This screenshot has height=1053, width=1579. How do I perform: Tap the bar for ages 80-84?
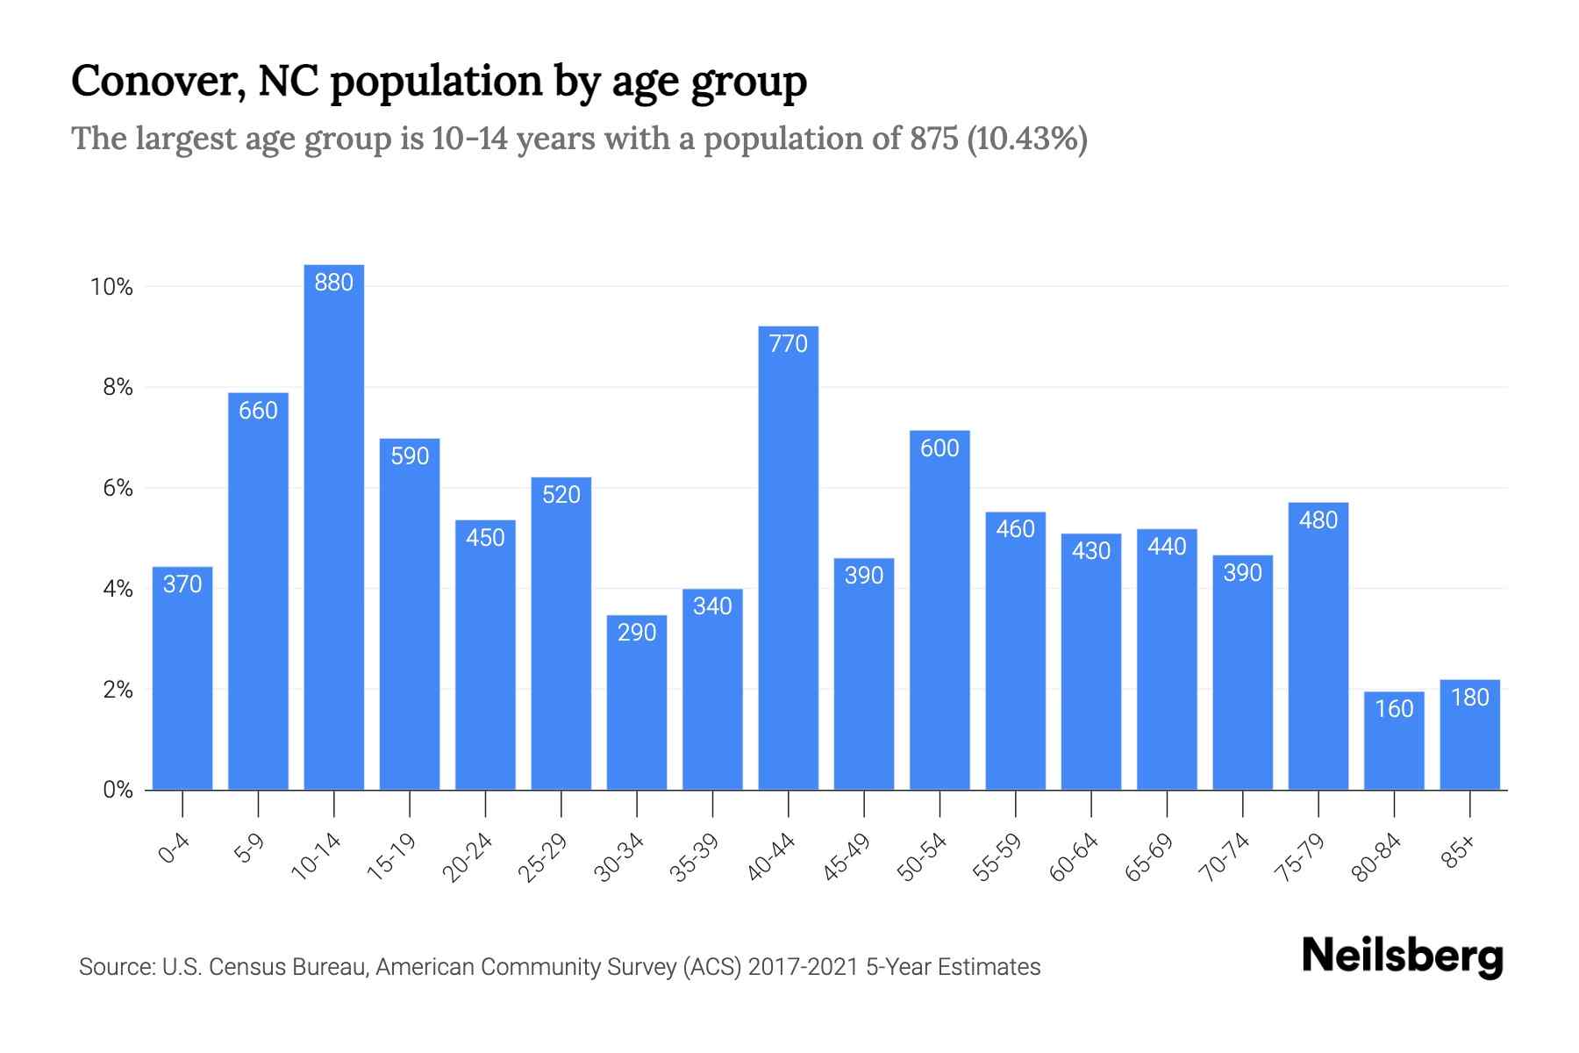(x=1394, y=746)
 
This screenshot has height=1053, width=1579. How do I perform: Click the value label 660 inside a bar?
(x=258, y=411)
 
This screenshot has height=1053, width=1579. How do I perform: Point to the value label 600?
(x=940, y=448)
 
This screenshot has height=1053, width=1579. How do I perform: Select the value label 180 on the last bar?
(x=1470, y=698)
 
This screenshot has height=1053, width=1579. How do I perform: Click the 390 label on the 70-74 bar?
(x=1242, y=573)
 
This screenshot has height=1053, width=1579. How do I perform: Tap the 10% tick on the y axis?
(x=111, y=287)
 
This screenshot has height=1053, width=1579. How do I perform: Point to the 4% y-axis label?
(x=118, y=589)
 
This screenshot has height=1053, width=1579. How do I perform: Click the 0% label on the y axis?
(x=118, y=790)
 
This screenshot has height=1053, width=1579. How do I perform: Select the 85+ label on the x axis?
(x=1460, y=852)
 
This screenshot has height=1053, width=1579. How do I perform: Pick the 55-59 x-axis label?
(x=997, y=857)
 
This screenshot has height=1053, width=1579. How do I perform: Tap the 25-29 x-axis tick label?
(x=543, y=857)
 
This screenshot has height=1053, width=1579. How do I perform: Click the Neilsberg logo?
(x=1402, y=956)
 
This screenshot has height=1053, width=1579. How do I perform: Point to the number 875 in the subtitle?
(x=933, y=139)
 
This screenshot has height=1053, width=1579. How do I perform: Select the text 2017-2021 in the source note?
(x=803, y=967)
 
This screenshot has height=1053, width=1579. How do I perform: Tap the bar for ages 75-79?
(x=1318, y=649)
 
